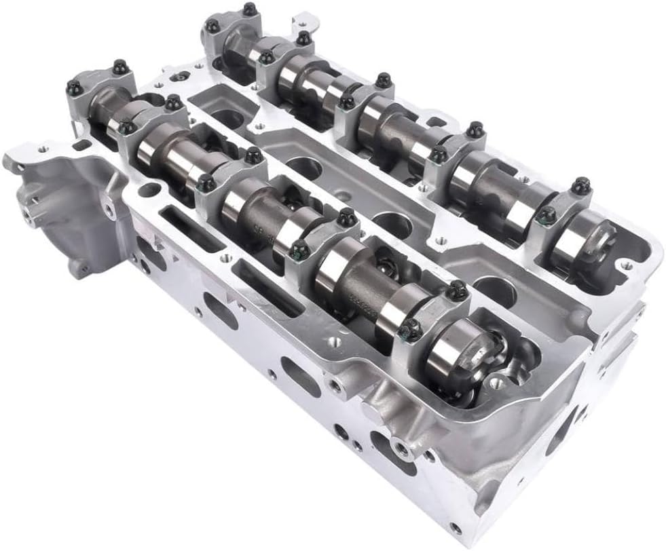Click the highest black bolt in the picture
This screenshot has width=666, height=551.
(250, 9)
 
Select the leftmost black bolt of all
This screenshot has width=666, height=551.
(74, 88)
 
